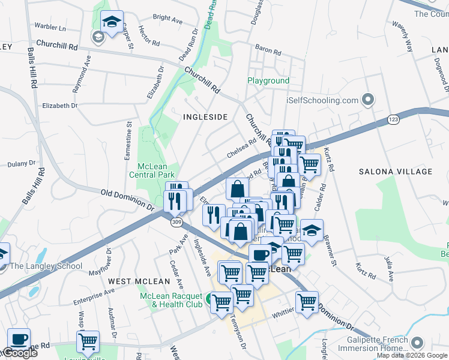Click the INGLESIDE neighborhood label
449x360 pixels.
coord(206,117)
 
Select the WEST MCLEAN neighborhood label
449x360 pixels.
coord(131,281)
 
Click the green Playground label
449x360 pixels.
coord(268,80)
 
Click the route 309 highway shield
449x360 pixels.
coord(176,223)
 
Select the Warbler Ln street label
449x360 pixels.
coord(50,28)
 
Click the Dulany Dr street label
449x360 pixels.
coord(23,163)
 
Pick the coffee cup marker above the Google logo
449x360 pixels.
coord(18,340)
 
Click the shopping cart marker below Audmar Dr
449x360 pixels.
coord(88,342)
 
